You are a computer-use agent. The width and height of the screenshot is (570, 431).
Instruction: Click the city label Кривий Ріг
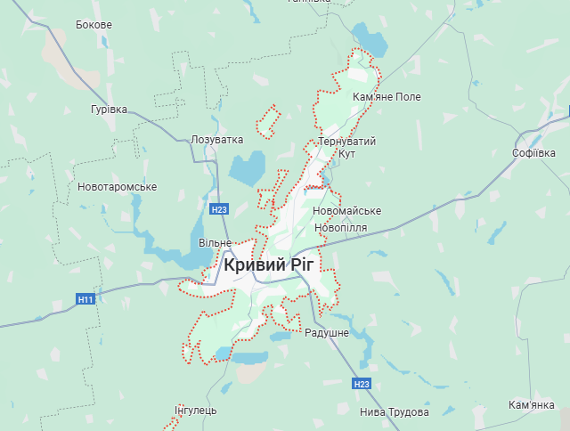pos(273,264)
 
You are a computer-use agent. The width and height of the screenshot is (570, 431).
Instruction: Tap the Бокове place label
pos(94,25)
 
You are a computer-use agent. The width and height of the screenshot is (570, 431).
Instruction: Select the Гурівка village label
pos(109,110)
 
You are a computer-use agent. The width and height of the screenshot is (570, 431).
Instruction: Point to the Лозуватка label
pos(216,140)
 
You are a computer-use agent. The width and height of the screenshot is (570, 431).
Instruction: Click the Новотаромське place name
pos(118,187)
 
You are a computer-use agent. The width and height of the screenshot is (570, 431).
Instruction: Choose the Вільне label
pos(215,243)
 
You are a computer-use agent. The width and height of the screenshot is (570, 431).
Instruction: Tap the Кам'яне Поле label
pos(387,96)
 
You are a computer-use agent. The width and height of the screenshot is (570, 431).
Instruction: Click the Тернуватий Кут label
pos(347,148)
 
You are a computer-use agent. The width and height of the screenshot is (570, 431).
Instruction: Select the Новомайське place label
pos(347,211)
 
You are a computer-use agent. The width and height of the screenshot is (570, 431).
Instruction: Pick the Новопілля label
pos(340,228)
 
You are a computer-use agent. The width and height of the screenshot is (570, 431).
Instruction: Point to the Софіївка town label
pos(534,153)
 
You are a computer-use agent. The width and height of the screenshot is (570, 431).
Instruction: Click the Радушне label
pos(327,332)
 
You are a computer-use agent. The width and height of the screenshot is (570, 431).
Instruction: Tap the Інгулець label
pos(196,411)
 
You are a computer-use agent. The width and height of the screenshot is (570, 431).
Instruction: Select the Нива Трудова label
pos(395,412)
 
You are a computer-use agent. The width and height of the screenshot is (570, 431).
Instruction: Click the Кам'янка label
pos(532,405)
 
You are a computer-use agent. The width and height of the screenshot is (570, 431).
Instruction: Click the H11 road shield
pos(85,299)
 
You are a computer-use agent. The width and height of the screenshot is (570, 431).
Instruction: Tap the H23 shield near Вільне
pos(220,209)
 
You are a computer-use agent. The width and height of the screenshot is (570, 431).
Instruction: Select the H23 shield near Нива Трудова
pos(361,384)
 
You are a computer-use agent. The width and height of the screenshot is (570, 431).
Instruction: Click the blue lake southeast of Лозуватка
pos(248,167)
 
